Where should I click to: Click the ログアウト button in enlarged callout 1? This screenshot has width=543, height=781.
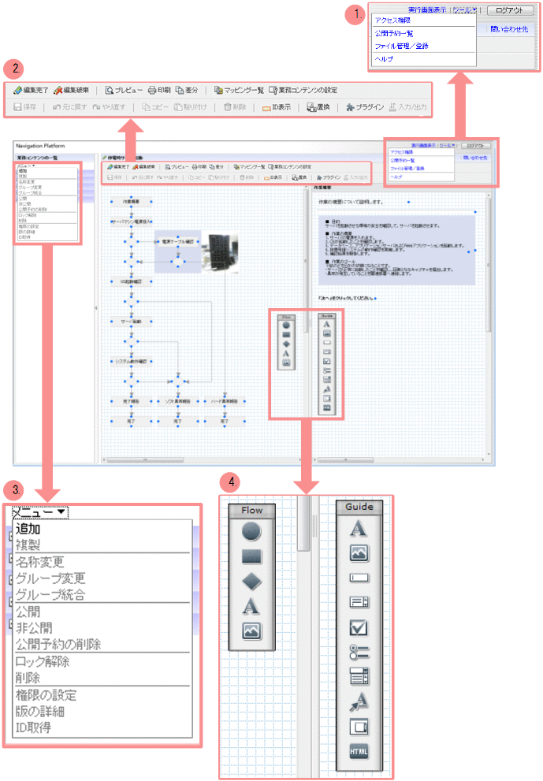pos(511,10)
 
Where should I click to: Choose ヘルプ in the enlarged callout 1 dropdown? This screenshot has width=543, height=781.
pos(385,59)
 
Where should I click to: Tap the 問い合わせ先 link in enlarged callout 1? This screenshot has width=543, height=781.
pos(508,29)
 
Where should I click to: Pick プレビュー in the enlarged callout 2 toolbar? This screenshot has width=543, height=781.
pos(125,90)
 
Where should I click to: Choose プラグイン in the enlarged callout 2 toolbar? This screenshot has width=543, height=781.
pos(364,108)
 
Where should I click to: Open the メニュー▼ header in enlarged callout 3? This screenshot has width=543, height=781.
pos(39,512)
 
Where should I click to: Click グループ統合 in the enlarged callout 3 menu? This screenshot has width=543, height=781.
pos(50,594)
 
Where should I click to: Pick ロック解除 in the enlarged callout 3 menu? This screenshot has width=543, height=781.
pos(43,661)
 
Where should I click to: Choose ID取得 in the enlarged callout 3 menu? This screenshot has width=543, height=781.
pos(34,727)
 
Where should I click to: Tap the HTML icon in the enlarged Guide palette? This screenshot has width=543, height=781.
pos(359,751)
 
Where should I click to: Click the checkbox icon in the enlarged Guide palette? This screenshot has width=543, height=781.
pos(359,627)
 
